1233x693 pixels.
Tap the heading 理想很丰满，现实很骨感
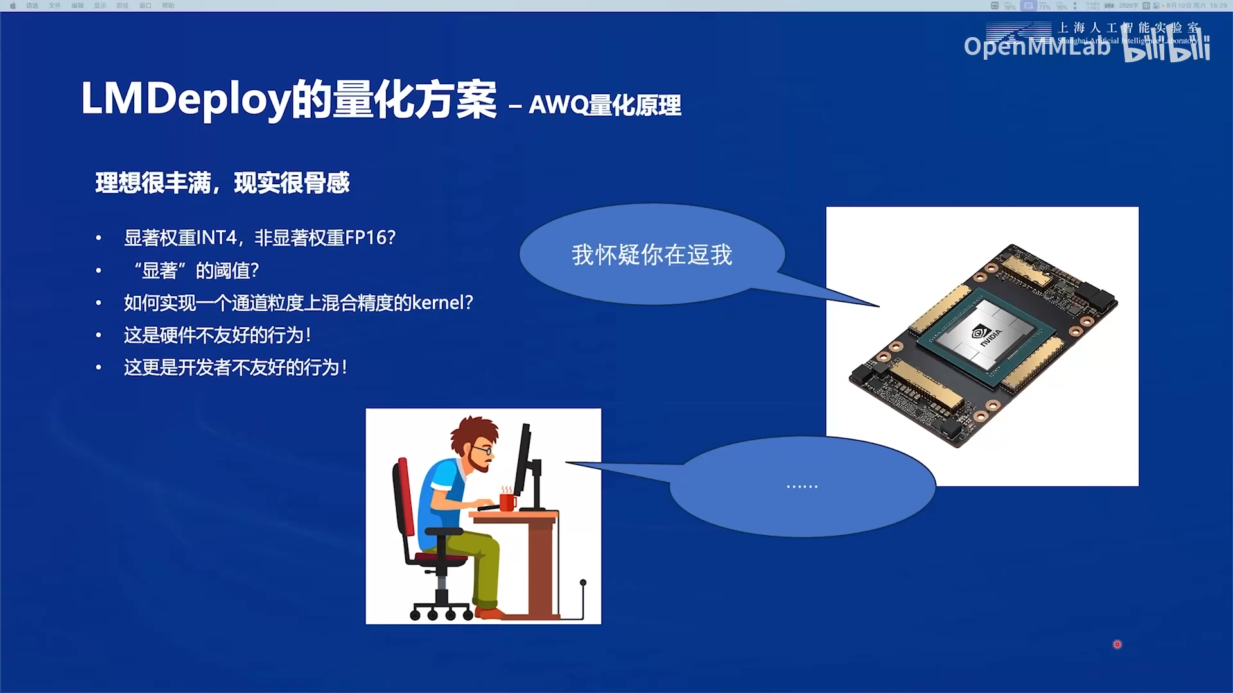[222, 183]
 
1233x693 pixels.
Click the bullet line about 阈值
[196, 271]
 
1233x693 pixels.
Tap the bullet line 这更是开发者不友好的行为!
[235, 368]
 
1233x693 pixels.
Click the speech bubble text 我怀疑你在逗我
[651, 255]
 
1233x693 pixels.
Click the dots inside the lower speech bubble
[801, 486]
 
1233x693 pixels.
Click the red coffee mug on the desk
[507, 501]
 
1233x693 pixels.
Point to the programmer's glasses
[485, 450]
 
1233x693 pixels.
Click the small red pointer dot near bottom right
[1117, 644]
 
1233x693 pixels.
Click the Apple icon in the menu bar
[13, 6]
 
